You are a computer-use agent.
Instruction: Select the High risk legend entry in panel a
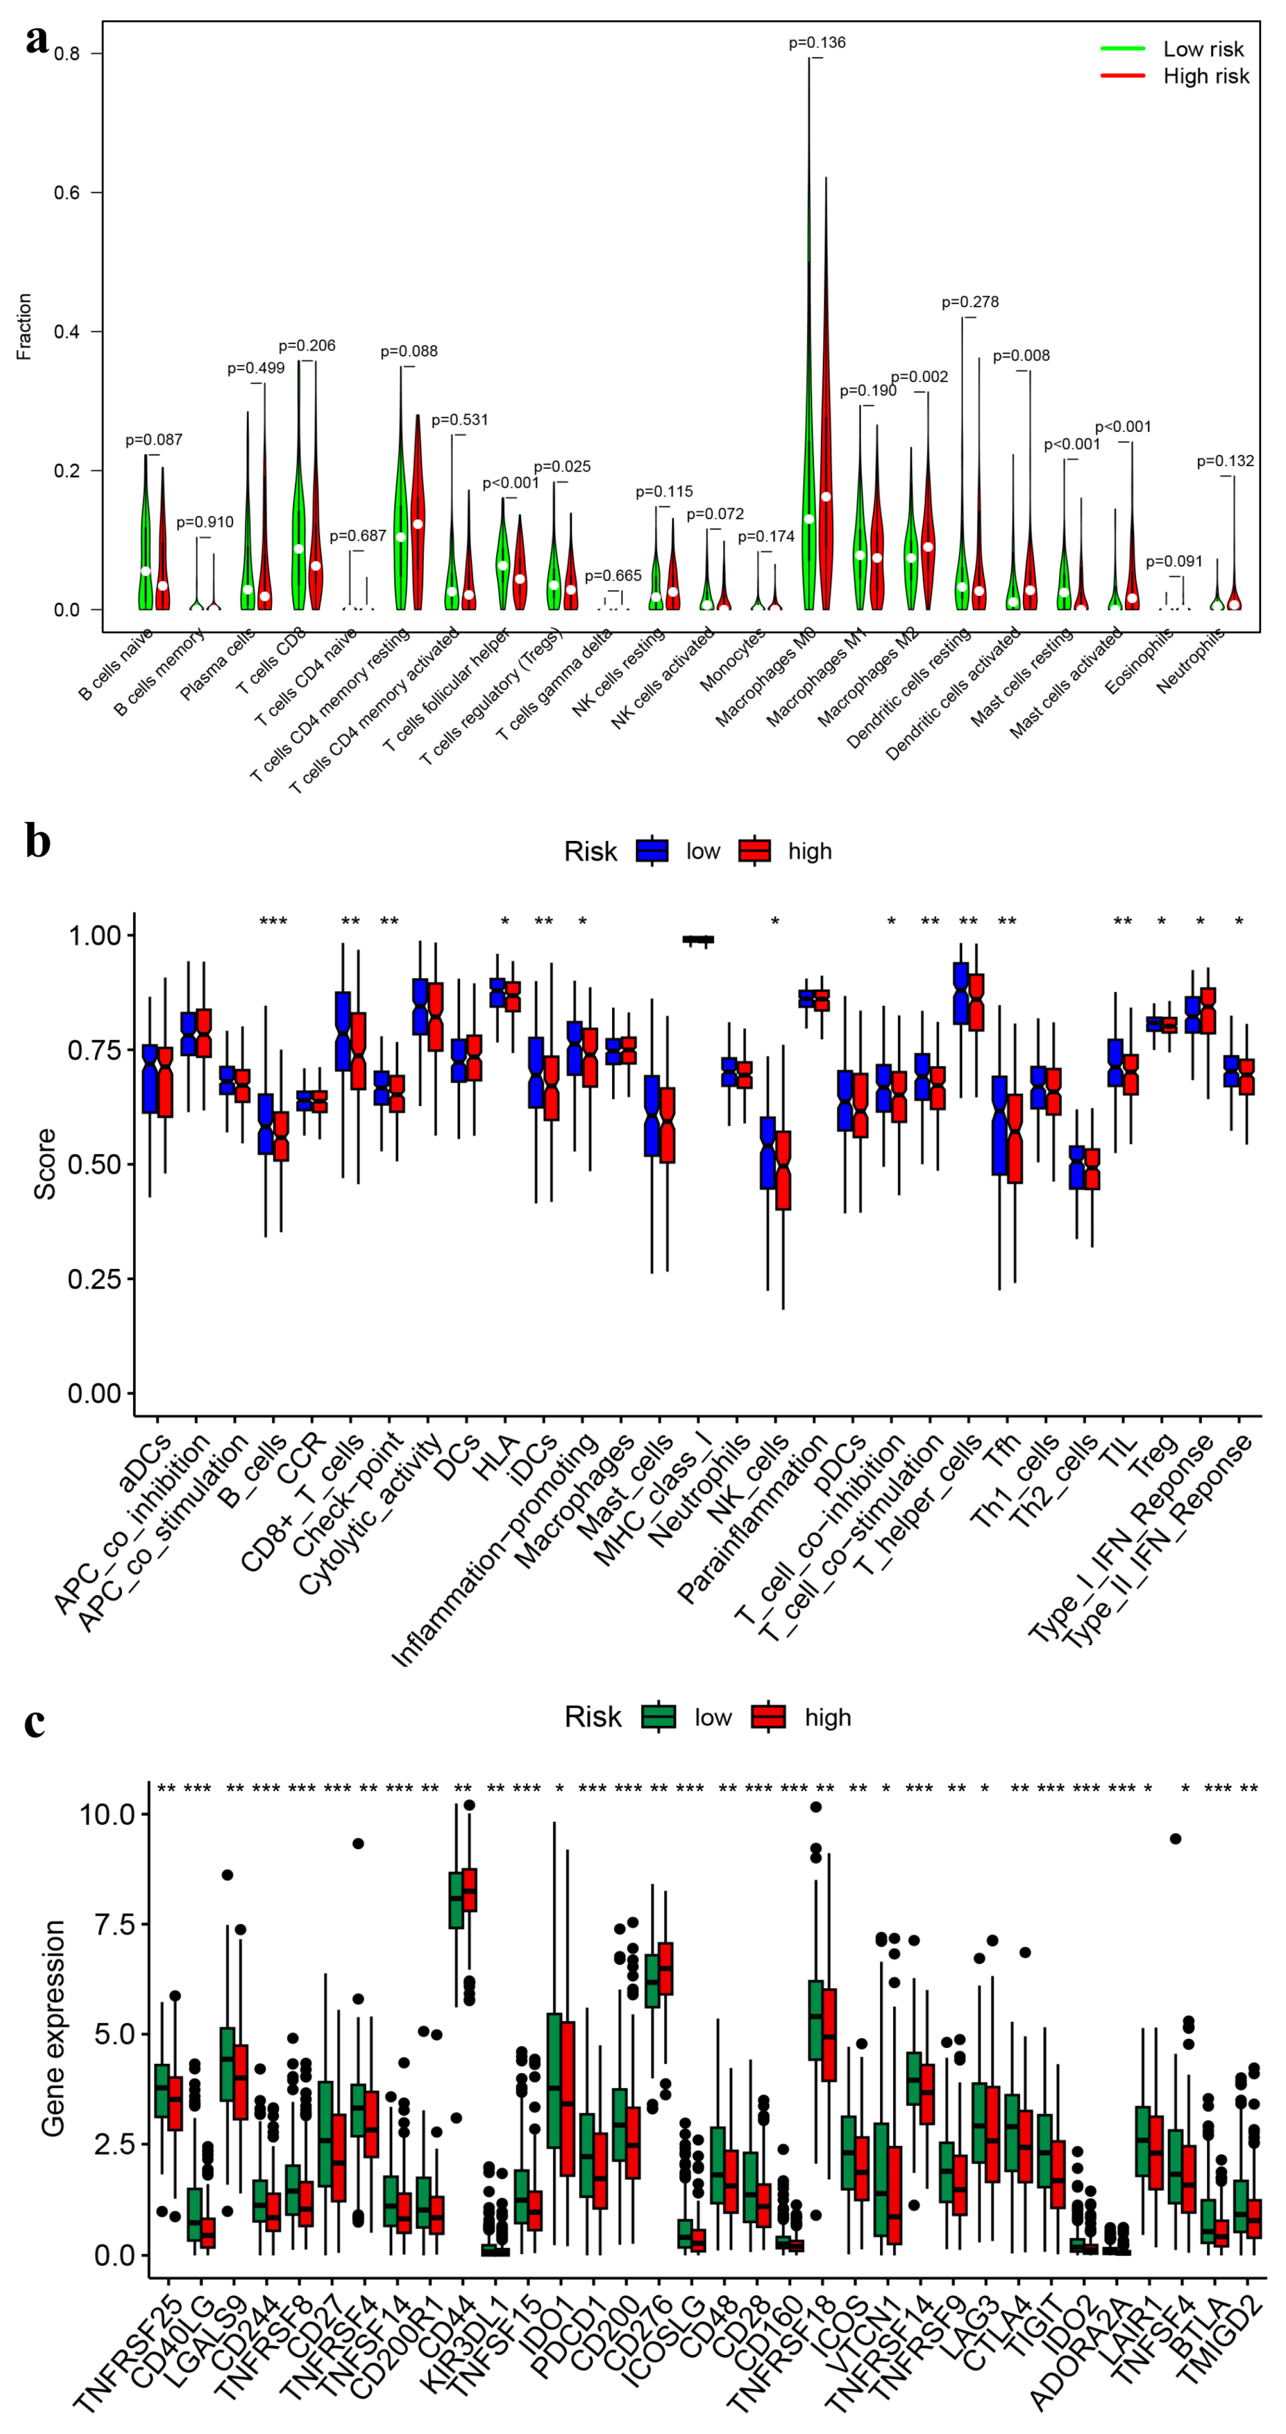pyautogui.click(x=1205, y=76)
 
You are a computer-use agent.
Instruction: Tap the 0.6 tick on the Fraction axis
pyautogui.click(x=66, y=193)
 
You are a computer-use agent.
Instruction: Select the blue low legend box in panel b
pyautogui.click(x=652, y=851)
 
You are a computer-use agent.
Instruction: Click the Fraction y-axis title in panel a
pyautogui.click(x=23, y=326)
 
